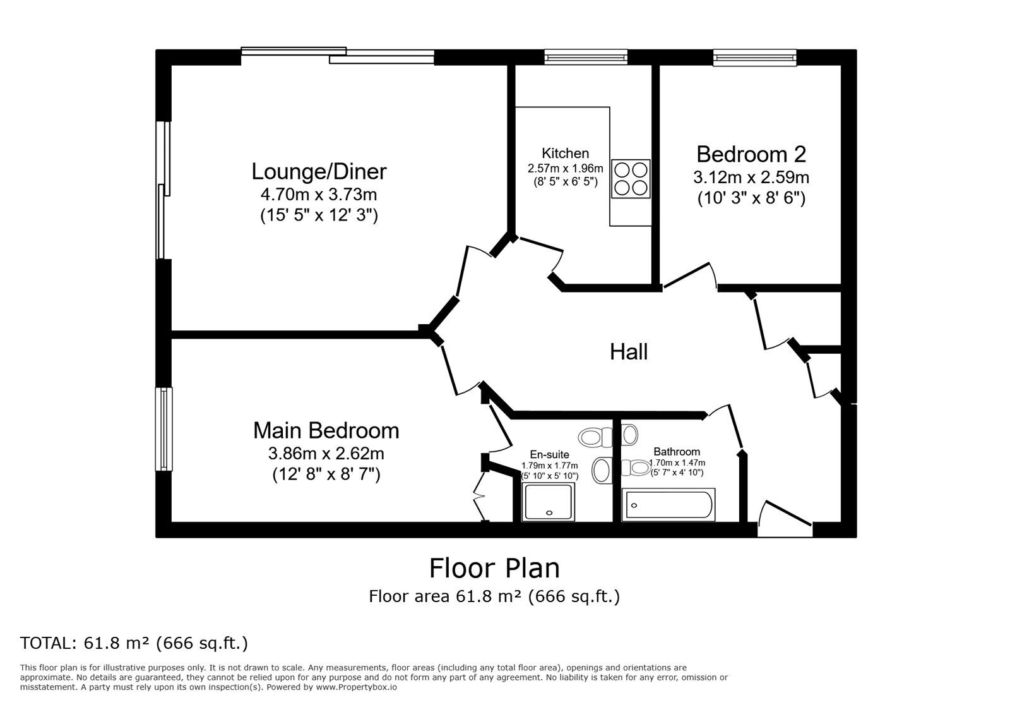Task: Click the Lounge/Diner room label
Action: coord(319,172)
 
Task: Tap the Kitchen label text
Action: coord(565,154)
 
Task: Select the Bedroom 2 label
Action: coord(751,154)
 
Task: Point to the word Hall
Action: coord(629,352)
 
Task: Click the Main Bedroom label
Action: coord(326,430)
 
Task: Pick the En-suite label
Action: coord(549,454)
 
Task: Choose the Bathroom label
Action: coord(676,452)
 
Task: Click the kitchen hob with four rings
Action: coord(631,179)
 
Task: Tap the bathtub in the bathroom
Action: coord(668,505)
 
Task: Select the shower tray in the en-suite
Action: coord(549,502)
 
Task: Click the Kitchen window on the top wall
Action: coord(586,57)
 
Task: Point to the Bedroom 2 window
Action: coord(754,57)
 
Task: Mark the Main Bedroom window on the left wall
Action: coord(163,429)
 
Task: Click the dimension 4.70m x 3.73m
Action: coord(319,195)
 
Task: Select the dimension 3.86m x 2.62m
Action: coord(326,453)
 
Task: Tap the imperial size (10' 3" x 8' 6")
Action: coord(751,198)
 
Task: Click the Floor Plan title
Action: coord(494,568)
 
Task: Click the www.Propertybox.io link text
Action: coord(356,687)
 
